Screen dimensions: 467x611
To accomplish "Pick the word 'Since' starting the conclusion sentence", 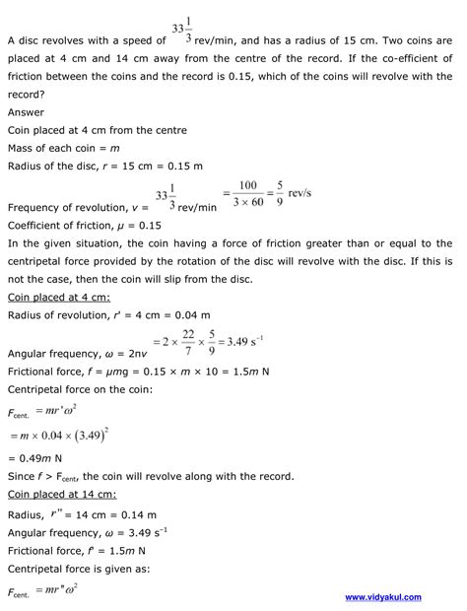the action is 22,476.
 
